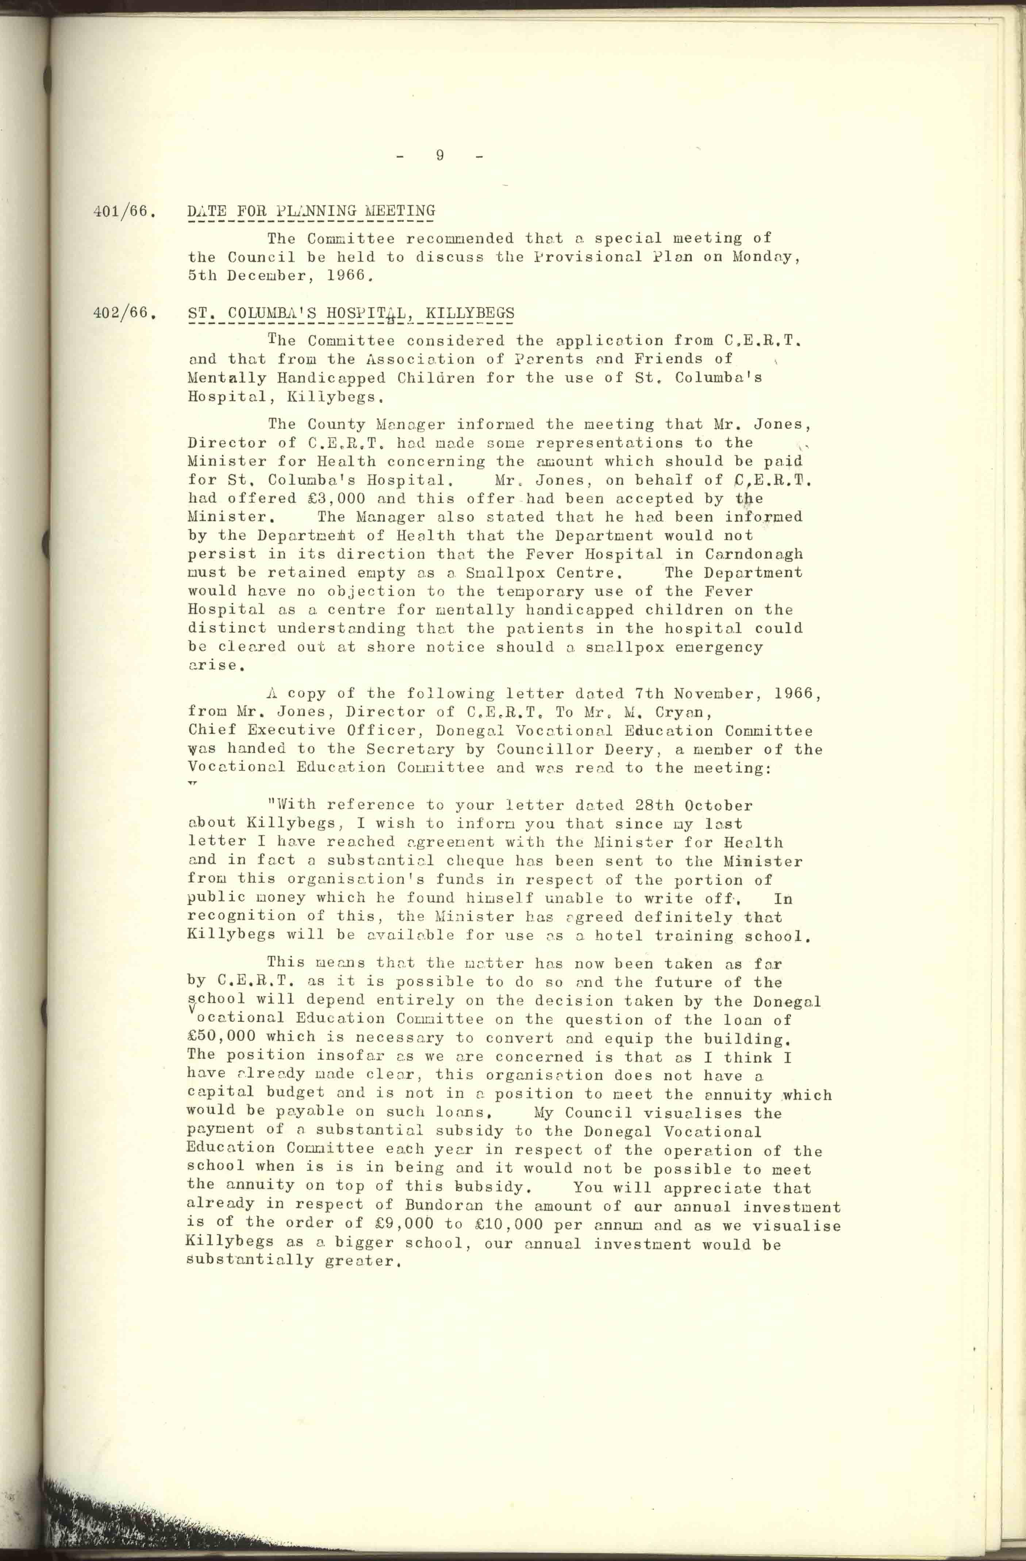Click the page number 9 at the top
pyautogui.click(x=439, y=156)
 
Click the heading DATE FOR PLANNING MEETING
pyautogui.click(x=311, y=211)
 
